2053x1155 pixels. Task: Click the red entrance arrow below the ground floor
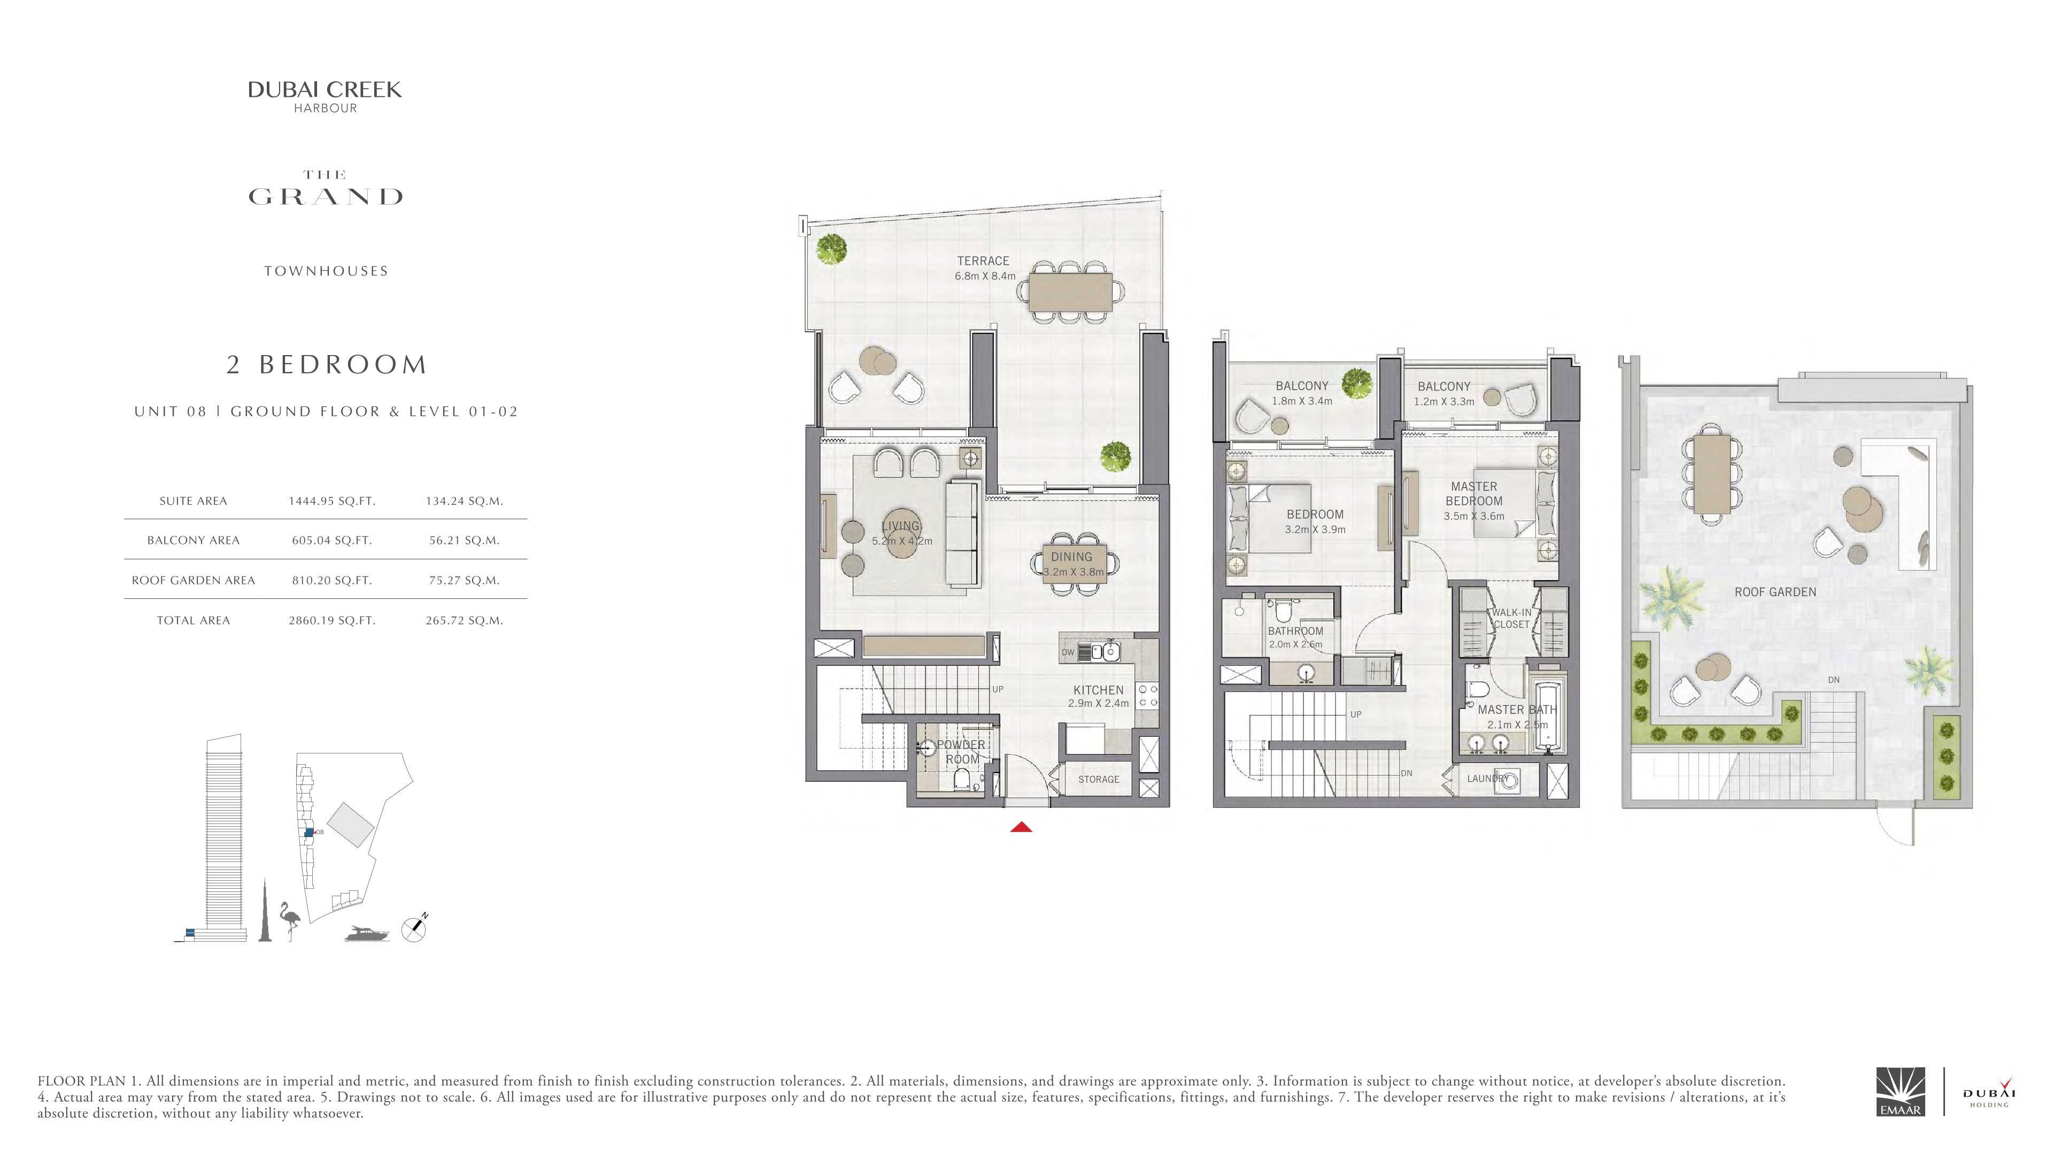coord(1021,827)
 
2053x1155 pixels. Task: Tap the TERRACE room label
coord(984,260)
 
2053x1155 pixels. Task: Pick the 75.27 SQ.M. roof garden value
coord(464,580)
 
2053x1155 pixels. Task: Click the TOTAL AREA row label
coord(193,620)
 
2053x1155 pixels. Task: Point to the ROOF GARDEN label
coord(1776,592)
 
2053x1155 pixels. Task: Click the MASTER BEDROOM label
coord(1475,494)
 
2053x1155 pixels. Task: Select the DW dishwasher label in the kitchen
coord(1068,652)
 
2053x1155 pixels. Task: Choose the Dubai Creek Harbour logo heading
coord(325,96)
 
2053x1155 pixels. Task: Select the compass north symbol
coord(414,929)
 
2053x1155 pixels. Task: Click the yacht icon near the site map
coord(367,934)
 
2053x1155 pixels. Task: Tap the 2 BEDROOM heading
coord(327,364)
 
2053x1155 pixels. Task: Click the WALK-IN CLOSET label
coord(1511,619)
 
